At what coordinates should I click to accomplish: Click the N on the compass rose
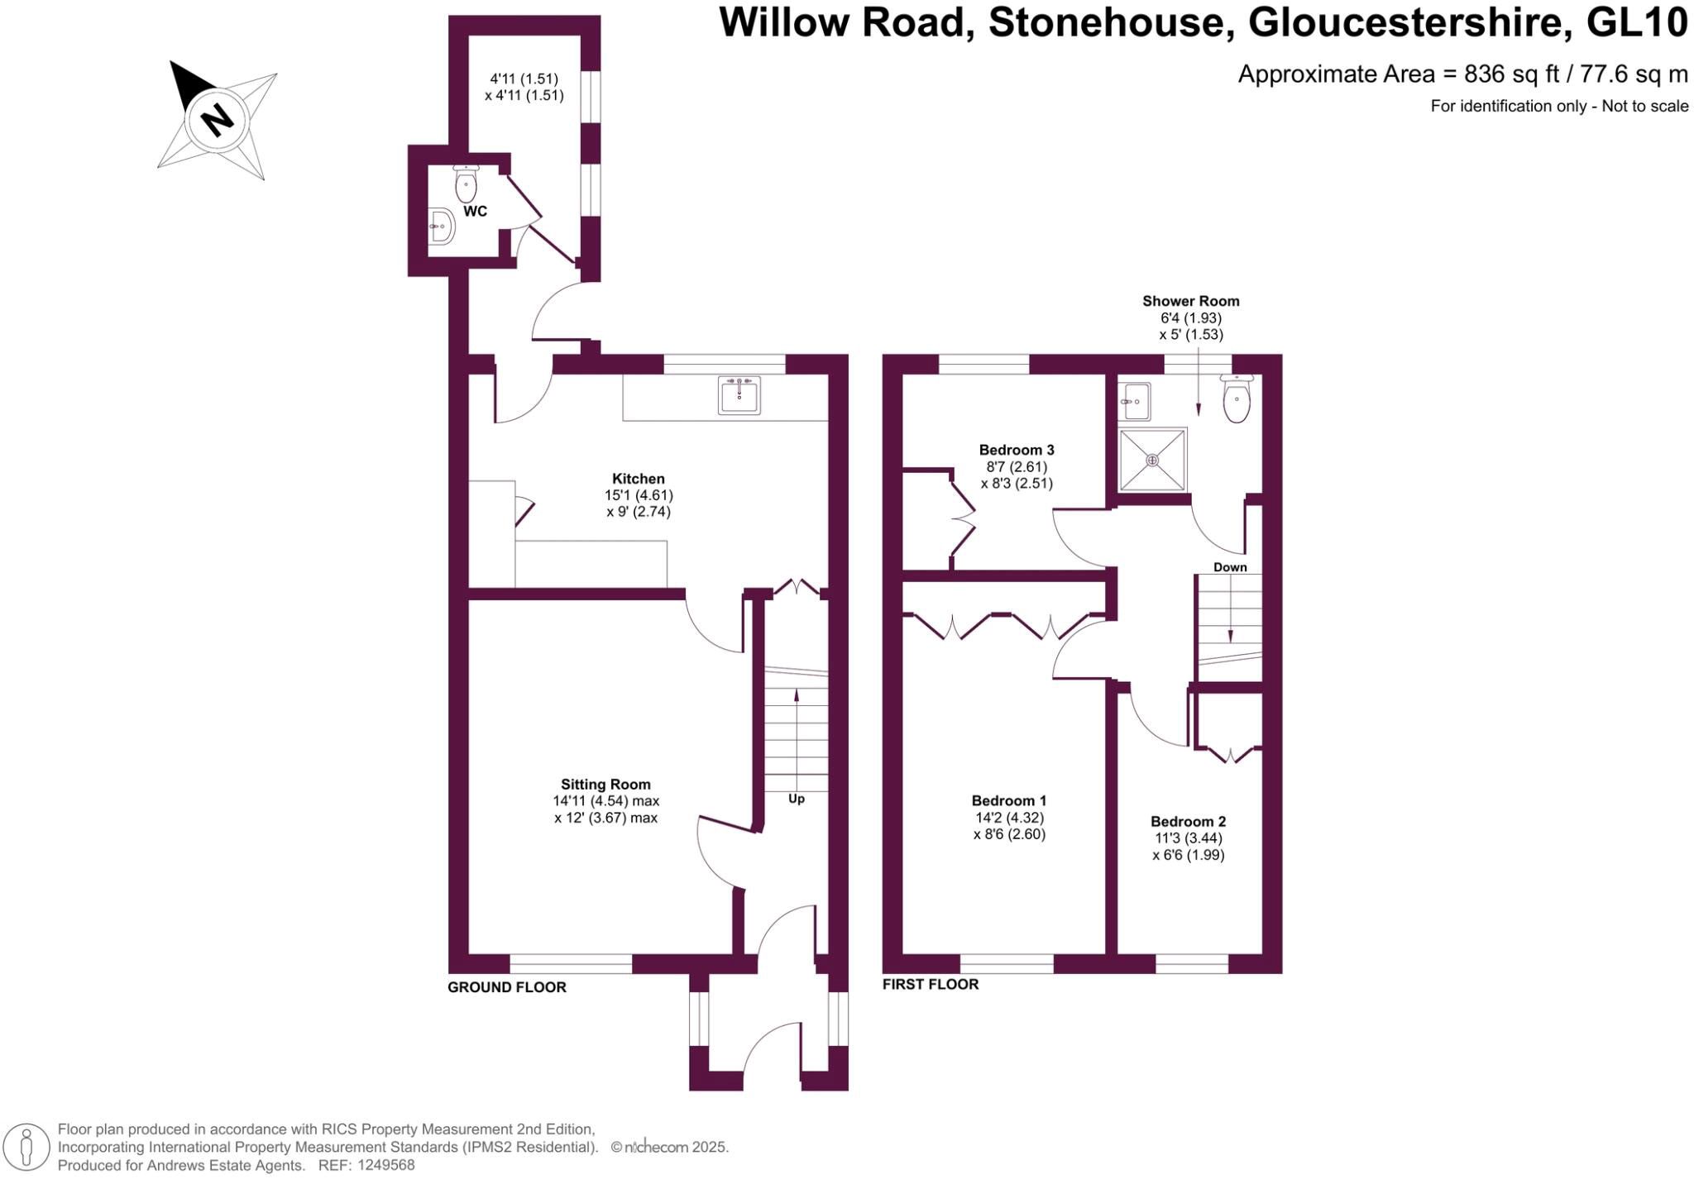tap(218, 120)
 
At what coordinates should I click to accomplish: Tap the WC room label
tap(475, 212)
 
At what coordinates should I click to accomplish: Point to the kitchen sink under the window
tap(739, 394)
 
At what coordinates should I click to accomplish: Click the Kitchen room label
tap(638, 479)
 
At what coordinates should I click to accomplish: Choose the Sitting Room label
tap(605, 785)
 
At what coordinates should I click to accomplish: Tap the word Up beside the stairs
tap(796, 799)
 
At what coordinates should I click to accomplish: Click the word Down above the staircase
tap(1230, 567)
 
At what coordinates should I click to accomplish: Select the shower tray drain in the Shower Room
tap(1152, 460)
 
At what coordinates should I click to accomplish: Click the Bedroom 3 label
tap(1017, 451)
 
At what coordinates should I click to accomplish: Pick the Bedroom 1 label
tap(1009, 800)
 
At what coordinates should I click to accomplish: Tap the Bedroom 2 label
tap(1188, 821)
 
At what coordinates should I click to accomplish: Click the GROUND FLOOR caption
tap(507, 987)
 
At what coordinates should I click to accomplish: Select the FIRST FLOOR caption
tap(931, 984)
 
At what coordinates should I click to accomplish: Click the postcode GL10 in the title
tap(1637, 23)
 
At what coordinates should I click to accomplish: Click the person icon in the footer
tap(26, 1148)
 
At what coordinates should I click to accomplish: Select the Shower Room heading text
tap(1191, 301)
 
